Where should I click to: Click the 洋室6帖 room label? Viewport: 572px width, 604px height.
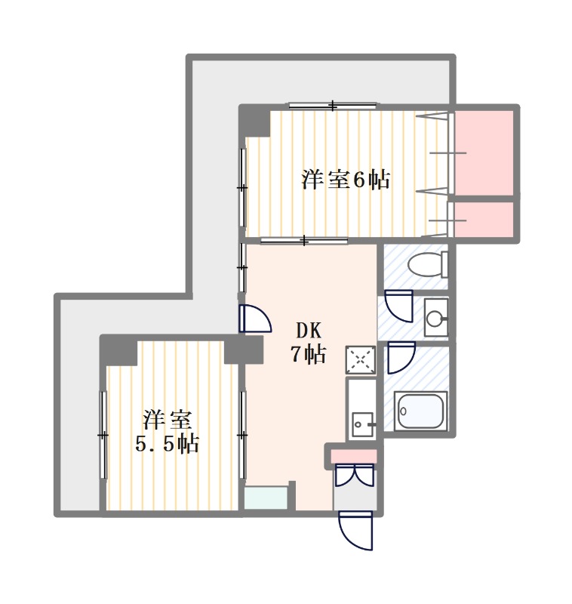[346, 180]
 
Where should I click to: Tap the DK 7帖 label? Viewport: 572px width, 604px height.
[308, 343]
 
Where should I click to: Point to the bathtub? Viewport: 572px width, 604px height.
[421, 410]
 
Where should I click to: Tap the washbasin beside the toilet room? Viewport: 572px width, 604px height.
[436, 318]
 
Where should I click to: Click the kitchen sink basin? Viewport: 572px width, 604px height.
[361, 424]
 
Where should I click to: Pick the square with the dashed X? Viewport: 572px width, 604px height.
[360, 360]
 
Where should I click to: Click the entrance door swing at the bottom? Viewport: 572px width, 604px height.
[355, 531]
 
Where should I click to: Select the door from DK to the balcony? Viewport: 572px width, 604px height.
[255, 319]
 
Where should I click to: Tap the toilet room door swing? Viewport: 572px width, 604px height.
[398, 307]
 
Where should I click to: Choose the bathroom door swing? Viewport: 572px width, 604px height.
[401, 357]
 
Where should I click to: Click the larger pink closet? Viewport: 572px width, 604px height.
[484, 153]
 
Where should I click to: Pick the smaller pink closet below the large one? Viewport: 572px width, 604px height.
[484, 220]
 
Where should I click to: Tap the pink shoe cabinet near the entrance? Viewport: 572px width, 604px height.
[354, 456]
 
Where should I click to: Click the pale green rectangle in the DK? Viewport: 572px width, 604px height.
[266, 498]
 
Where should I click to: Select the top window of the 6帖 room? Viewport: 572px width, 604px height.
[333, 105]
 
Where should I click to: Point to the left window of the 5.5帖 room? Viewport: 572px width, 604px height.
[103, 435]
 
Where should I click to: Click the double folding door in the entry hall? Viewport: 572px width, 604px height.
[355, 476]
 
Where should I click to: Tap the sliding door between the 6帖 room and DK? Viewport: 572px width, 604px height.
[304, 241]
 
